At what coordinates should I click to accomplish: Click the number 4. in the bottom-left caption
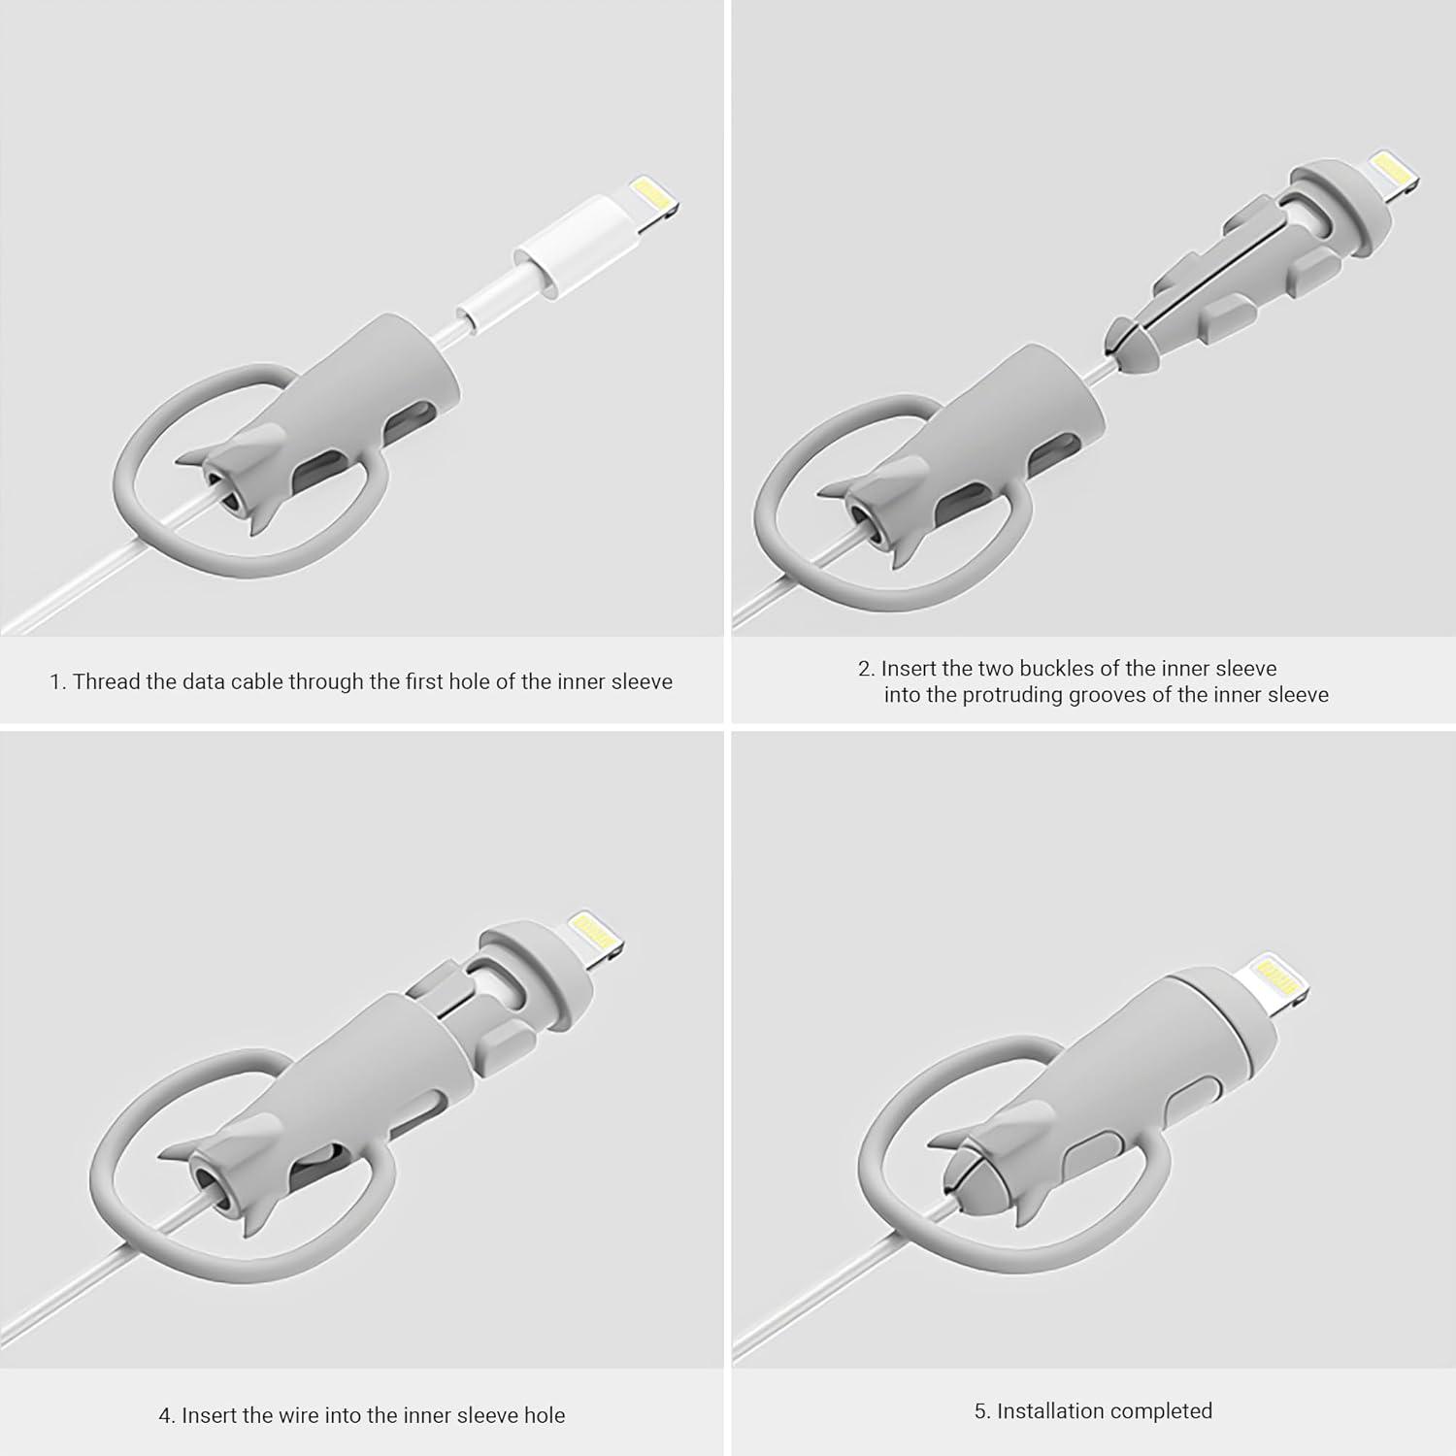coord(167,1415)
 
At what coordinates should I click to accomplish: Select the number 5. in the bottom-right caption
coord(982,1410)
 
